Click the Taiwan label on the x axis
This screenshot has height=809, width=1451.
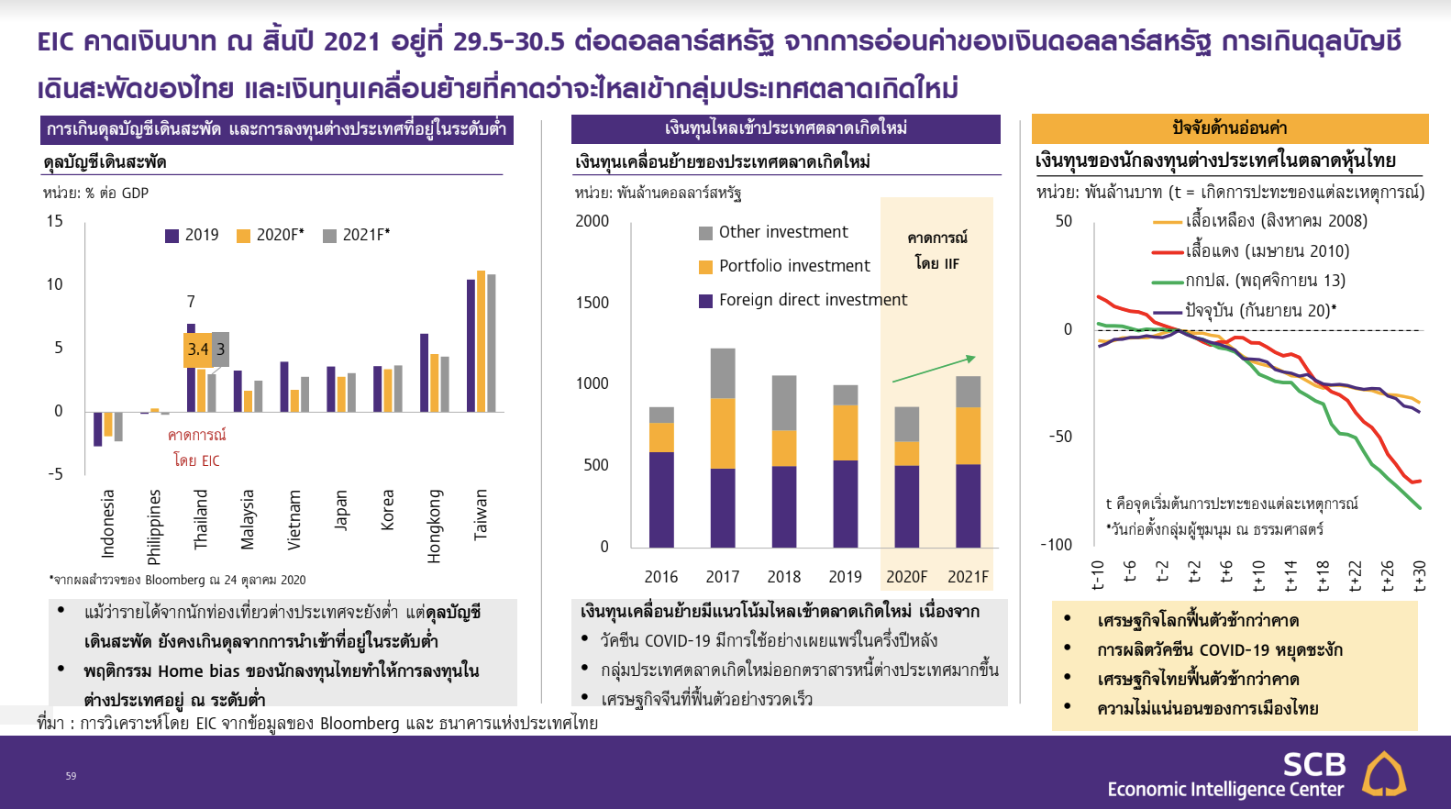pos(480,515)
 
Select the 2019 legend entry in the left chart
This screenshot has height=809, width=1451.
pos(193,235)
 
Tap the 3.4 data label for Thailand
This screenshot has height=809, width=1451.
pos(197,349)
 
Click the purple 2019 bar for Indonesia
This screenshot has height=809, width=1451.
pos(98,428)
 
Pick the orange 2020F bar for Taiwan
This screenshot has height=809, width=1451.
pos(481,341)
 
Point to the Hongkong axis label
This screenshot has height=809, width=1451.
pos(433,526)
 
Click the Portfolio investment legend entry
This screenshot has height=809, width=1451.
pos(784,266)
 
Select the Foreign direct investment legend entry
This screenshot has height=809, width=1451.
pos(803,300)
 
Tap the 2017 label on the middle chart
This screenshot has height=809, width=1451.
pos(722,576)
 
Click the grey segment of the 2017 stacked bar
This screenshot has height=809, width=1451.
pos(723,373)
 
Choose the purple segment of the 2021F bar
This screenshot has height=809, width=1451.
pos(968,506)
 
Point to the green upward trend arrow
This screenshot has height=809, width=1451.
pos(934,369)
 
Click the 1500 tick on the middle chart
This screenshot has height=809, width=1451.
pos(593,303)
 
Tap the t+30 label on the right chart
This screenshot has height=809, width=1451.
pos(1418,576)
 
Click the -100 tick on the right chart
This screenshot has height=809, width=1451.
pos(1057,545)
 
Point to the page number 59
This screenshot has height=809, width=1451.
pos(71,776)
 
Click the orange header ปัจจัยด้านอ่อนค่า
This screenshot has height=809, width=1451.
pos(1229,128)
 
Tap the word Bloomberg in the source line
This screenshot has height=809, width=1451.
pos(360,724)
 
